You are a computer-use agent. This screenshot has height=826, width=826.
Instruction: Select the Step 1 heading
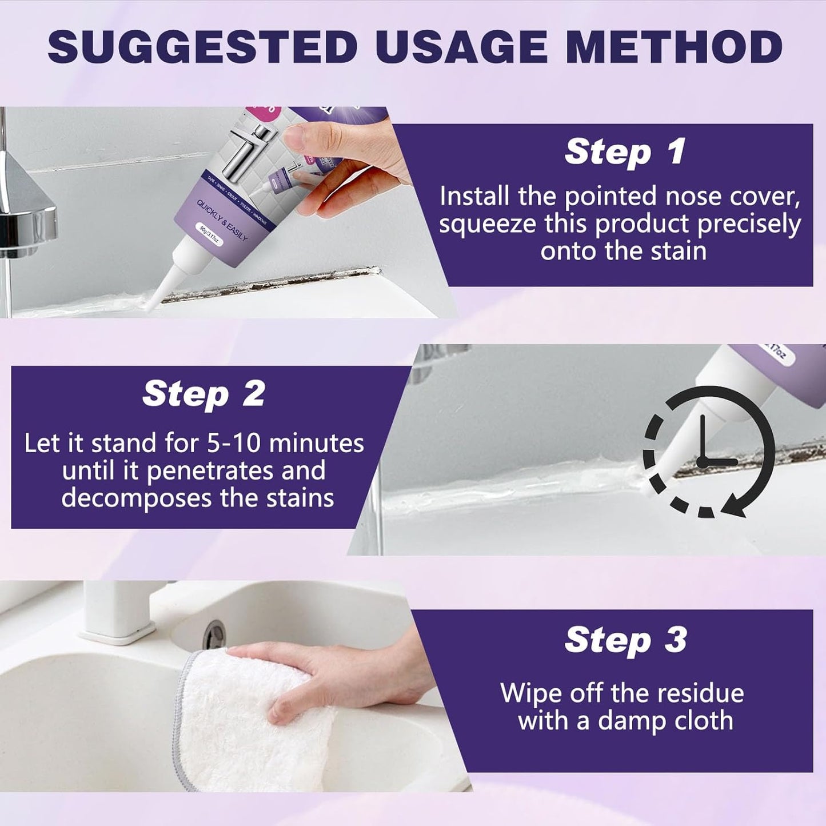tap(625, 152)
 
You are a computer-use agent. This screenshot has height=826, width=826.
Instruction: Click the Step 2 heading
tap(203, 394)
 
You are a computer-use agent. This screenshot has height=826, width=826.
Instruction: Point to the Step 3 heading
tap(625, 640)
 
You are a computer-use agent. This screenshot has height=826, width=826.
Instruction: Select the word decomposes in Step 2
tap(137, 498)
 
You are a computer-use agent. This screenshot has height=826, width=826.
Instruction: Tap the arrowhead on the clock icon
tap(738, 506)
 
